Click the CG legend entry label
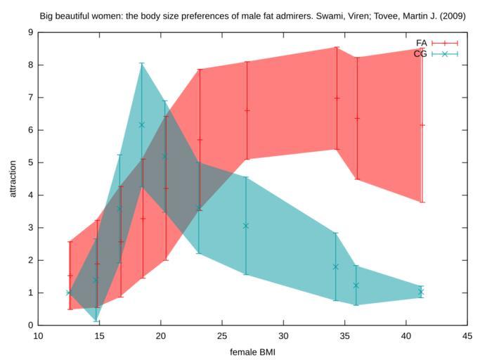pyautogui.click(x=421, y=53)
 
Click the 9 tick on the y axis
pyautogui.click(x=30, y=32)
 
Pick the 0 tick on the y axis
pyautogui.click(x=30, y=326)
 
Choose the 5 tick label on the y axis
pyautogui.click(x=30, y=162)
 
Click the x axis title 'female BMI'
pyautogui.click(x=253, y=351)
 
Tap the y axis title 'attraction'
pyautogui.click(x=12, y=179)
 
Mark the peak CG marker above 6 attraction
pyautogui.click(x=142, y=124)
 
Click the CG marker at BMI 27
pyautogui.click(x=246, y=226)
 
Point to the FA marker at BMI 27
pyautogui.click(x=247, y=110)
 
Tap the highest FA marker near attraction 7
pyautogui.click(x=337, y=98)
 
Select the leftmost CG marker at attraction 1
pyautogui.click(x=69, y=292)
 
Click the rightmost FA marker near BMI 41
pyautogui.click(x=422, y=125)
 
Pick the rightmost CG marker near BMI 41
pyautogui.click(x=422, y=292)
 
